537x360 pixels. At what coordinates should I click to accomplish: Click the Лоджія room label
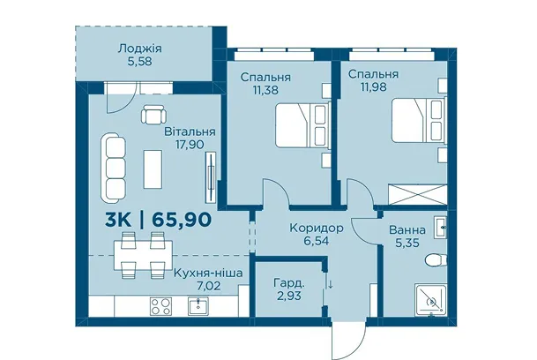click(139, 49)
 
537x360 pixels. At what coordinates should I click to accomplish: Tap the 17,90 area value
click(190, 145)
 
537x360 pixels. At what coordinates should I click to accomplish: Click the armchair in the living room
click(153, 114)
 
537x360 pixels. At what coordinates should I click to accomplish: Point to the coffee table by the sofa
click(153, 169)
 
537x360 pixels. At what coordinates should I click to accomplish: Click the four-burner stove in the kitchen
click(160, 306)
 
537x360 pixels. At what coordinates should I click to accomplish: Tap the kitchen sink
click(198, 306)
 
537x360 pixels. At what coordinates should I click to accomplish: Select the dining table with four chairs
click(143, 255)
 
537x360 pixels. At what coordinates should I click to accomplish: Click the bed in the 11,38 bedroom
click(302, 126)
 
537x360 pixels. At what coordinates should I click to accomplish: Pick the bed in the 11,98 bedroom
click(419, 120)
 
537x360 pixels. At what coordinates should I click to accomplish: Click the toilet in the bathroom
click(436, 260)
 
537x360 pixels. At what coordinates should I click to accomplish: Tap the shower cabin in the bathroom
click(431, 299)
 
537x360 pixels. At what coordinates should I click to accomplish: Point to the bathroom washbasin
click(440, 228)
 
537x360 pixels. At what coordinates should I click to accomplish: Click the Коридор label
click(316, 228)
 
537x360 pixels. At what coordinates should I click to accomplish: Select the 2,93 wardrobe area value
click(289, 296)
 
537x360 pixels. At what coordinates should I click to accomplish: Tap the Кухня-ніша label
click(208, 274)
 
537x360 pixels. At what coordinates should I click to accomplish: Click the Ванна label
click(407, 230)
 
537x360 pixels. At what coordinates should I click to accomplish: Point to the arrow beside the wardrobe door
click(331, 284)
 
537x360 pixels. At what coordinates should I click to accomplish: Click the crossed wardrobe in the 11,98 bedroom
click(417, 195)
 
